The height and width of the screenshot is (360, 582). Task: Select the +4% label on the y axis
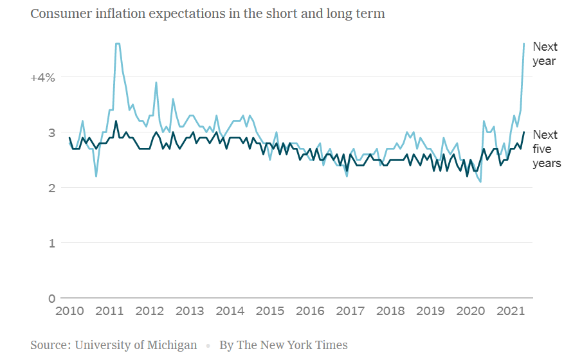tap(43, 78)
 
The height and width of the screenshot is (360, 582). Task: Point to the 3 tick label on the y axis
tap(51, 133)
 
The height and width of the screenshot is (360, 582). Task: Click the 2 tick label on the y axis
tap(51, 188)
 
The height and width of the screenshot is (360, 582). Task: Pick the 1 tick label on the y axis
tap(51, 243)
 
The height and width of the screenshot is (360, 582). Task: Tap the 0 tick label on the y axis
tap(51, 298)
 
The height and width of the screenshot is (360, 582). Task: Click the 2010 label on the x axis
tap(70, 312)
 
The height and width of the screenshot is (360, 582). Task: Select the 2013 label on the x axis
tap(190, 312)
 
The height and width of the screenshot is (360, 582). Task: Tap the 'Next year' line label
tap(545, 54)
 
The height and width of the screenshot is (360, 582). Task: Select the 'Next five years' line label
tap(546, 148)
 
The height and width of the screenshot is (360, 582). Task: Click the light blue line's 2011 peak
tap(118, 44)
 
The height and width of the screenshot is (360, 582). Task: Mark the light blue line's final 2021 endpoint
tap(523, 44)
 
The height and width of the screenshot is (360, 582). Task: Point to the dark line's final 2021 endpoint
tap(523, 132)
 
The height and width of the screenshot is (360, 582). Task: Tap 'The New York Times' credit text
tap(292, 345)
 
